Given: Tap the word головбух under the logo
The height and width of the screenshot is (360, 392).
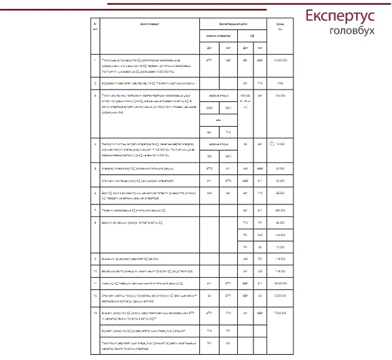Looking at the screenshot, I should click(x=352, y=31).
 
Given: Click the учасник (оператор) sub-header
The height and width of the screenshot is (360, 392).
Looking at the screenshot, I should click(x=217, y=35).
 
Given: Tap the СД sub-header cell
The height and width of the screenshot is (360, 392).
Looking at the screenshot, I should click(x=252, y=35).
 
